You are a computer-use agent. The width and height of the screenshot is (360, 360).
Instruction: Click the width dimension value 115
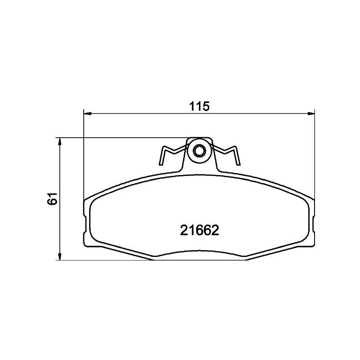199,107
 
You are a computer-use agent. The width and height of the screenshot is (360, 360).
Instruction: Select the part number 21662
199,230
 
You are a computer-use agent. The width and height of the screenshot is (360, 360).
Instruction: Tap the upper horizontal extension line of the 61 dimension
121,137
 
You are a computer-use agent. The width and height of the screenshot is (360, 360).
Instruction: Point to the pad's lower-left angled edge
121,252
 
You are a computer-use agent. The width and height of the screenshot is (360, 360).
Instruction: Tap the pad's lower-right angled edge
277,252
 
